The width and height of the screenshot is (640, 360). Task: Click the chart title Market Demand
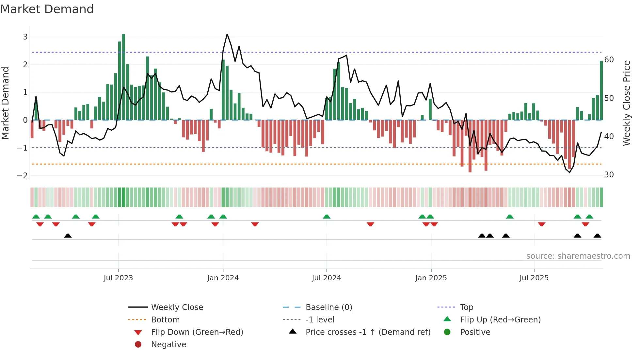47,9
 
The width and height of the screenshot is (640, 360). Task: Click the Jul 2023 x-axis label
118,278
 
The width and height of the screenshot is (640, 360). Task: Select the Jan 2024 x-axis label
223,278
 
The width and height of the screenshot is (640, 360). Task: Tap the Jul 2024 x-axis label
326,278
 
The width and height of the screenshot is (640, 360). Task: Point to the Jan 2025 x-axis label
431,278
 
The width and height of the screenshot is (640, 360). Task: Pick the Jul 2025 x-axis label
534,278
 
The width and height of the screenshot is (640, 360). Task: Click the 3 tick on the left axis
25,37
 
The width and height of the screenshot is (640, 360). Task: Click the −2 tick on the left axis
23,176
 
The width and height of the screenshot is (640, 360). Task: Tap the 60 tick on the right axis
609,60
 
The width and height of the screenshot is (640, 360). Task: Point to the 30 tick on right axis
609,175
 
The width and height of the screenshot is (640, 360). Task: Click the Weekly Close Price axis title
626,103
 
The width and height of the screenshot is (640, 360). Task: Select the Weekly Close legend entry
177,307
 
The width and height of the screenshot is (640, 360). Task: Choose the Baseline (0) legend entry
328,307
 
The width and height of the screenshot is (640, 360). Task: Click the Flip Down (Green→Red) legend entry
197,332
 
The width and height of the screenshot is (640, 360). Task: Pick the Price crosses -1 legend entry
368,332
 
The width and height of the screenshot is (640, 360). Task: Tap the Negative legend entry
168,345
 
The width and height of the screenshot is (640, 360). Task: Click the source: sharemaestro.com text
578,256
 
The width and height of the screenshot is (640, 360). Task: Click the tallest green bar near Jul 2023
123,77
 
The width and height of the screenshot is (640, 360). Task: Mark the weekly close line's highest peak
227,34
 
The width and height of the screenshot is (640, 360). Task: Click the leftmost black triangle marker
68,236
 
